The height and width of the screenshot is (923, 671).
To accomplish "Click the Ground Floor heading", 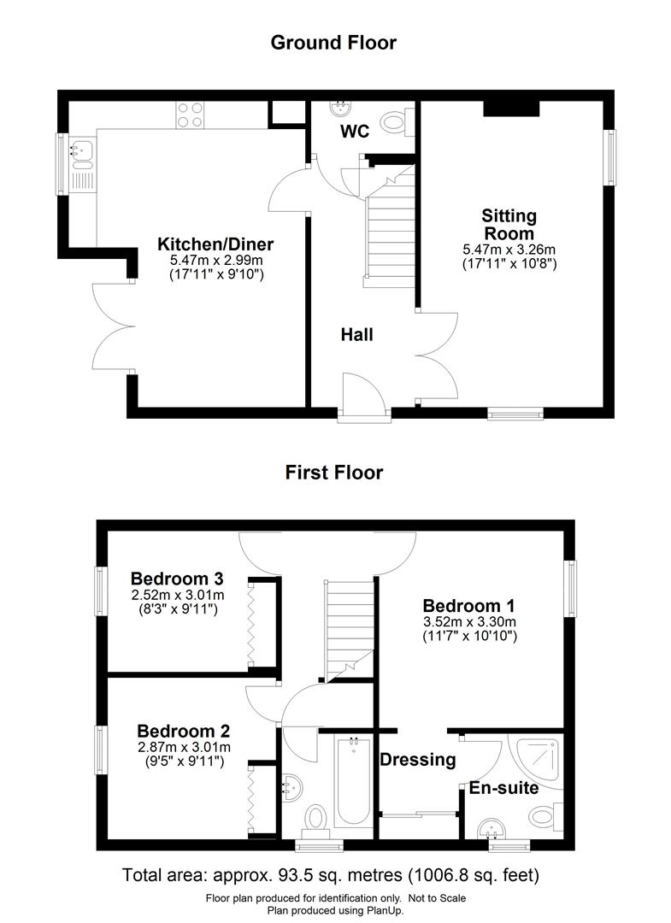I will click(333, 42).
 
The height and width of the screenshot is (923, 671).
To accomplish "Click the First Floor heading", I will click(333, 472).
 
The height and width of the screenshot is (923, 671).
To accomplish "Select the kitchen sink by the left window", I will click(82, 151).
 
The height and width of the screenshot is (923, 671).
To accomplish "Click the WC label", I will click(355, 132).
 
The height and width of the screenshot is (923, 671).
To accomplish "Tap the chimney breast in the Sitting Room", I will click(511, 108).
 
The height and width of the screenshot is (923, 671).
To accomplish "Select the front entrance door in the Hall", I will click(362, 395).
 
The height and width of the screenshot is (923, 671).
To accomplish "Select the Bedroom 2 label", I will click(183, 731).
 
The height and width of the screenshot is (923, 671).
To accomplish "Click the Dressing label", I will click(417, 760).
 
